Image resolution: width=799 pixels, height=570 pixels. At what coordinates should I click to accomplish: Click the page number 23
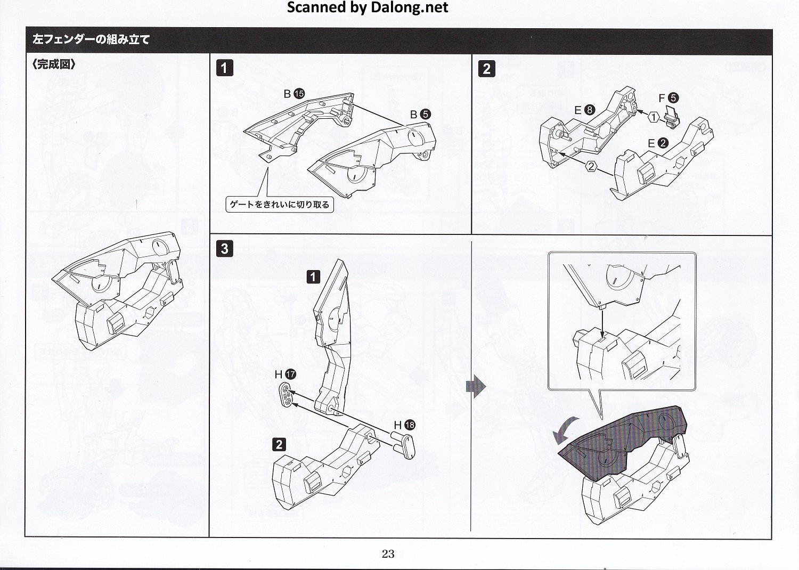[388, 554]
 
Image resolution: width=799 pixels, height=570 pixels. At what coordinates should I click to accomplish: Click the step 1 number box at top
[224, 68]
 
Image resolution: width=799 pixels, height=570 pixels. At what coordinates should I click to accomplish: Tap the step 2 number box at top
[487, 69]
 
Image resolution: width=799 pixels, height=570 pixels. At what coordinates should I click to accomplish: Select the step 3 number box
[224, 248]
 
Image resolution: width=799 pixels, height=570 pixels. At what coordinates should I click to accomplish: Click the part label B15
[294, 94]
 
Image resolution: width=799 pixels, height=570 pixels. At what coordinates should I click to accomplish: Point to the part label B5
[420, 114]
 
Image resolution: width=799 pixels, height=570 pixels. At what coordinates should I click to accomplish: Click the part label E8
[584, 110]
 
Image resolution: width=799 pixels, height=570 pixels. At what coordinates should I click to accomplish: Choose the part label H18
[404, 425]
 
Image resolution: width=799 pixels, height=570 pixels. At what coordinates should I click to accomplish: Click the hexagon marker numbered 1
[654, 118]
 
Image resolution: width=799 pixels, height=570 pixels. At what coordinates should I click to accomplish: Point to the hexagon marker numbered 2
[591, 166]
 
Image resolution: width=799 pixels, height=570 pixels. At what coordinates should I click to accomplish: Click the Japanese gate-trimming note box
[280, 205]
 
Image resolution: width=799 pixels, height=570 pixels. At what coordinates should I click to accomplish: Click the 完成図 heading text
[54, 64]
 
